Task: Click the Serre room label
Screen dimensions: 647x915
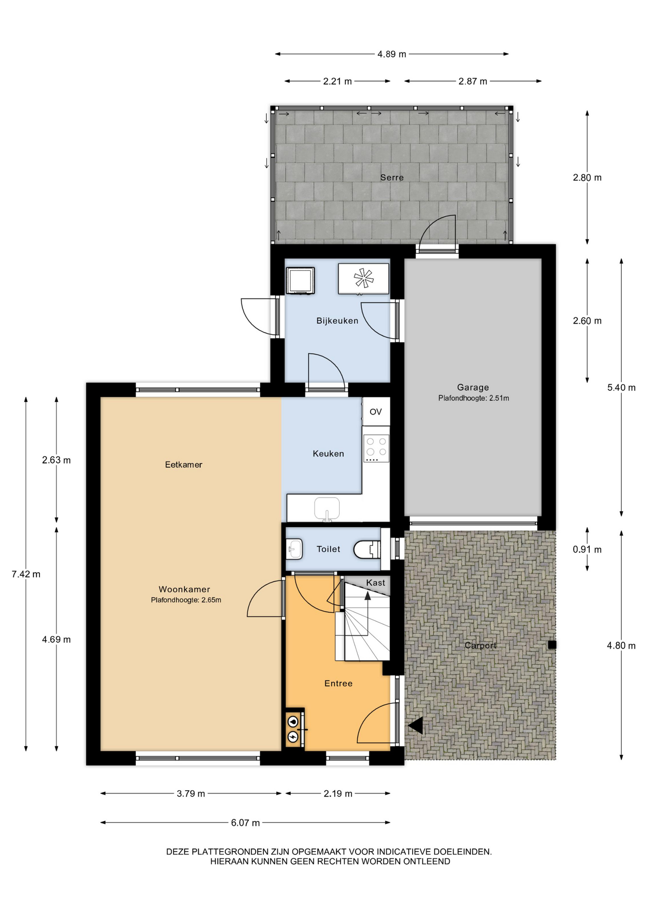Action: [x=392, y=178]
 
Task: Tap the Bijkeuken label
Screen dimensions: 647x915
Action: [x=337, y=321]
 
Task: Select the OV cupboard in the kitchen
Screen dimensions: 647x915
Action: [x=376, y=412]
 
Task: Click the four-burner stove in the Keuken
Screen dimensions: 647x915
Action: [x=376, y=448]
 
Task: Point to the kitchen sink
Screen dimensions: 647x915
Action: [x=327, y=508]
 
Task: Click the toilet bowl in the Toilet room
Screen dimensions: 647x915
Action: [x=367, y=549]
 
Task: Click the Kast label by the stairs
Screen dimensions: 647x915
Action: [x=375, y=582]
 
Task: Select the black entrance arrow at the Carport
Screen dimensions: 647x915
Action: [x=415, y=726]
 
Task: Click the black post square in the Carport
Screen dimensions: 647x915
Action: [x=552, y=645]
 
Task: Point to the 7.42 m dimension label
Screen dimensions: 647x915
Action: [x=26, y=574]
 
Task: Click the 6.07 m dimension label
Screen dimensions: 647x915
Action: [x=245, y=823]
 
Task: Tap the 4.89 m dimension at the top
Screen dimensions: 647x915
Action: [x=392, y=54]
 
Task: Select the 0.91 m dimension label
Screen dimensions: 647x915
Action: [x=587, y=549]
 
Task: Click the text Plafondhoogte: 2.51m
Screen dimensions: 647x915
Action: [x=474, y=398]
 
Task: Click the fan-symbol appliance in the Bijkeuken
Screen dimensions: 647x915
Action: [x=364, y=278]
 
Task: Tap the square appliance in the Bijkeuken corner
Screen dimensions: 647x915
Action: [x=300, y=281]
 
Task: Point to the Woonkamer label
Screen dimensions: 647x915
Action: [x=184, y=590]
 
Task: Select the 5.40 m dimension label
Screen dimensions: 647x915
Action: [x=621, y=387]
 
